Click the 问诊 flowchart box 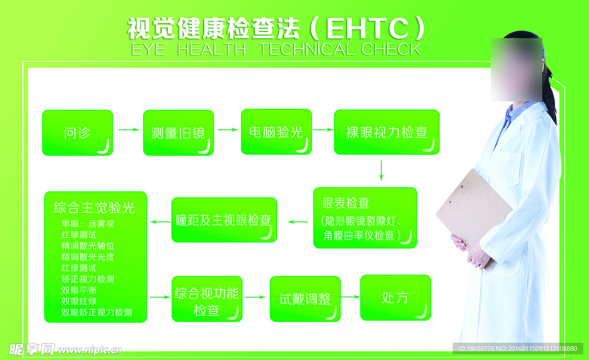coord(77,133)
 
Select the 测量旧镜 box coord(178,133)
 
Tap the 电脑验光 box coord(276,132)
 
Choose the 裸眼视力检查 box coord(387,132)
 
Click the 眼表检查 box coord(365,217)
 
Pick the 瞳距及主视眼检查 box coord(224,220)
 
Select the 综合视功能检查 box coord(206,299)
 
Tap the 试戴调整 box coord(305,299)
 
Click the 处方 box coord(395,298)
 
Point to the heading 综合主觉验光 coord(94,207)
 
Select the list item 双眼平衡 coord(79,290)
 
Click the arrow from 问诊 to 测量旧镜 coord(128,130)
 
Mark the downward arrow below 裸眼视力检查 coord(381,171)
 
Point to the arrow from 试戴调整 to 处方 coord(350,297)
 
